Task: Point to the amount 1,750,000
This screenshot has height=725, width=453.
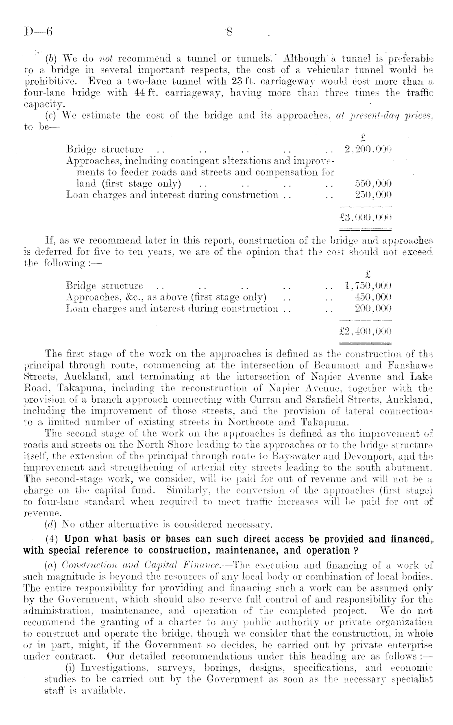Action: (x=368, y=285)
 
